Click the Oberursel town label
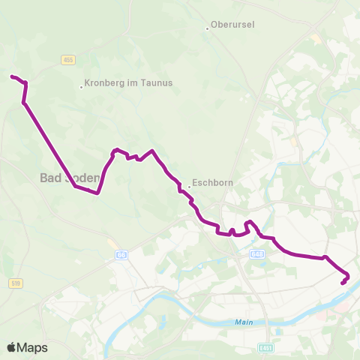coord(233,25)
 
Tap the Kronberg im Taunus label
coord(129,83)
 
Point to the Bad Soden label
coord(69,178)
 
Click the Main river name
coord(240,322)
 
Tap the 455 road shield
coord(68,59)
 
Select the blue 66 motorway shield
coord(121,255)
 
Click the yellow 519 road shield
coord(16,283)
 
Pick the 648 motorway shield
coord(257,253)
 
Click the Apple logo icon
coord(12,347)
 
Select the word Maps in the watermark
coord(33,347)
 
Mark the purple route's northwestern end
coord(11,76)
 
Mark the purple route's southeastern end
coord(343,283)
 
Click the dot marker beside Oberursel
coord(207,28)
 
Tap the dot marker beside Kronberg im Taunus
coord(81,86)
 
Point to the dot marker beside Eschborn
coord(188,182)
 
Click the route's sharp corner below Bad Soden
coord(97,193)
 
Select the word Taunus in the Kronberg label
coord(157,83)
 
